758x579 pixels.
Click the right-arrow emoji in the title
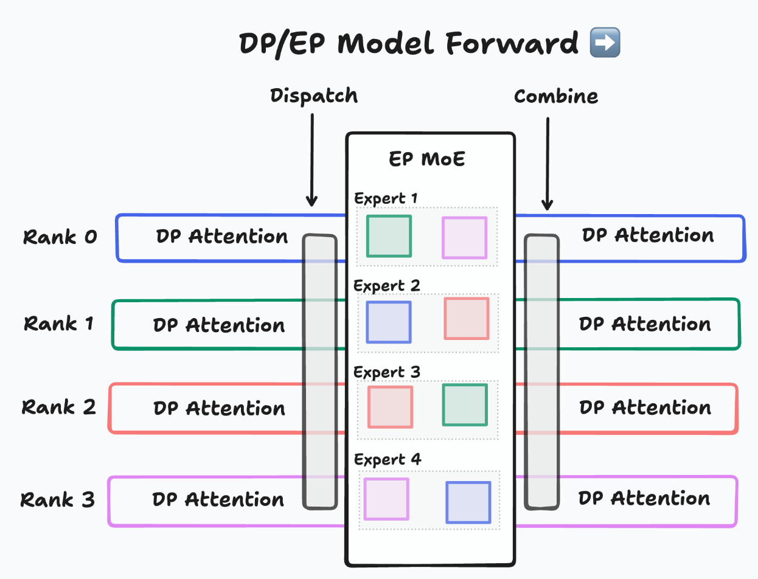click(605, 44)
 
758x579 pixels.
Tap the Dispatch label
click(314, 96)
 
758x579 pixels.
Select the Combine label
click(556, 96)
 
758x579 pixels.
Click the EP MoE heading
click(427, 159)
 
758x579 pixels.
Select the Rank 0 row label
click(60, 237)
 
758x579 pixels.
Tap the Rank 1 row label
click(59, 324)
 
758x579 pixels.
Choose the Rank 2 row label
click(59, 407)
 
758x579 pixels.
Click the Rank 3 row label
click(58, 500)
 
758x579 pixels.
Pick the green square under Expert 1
click(389, 236)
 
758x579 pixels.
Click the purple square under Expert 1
click(464, 238)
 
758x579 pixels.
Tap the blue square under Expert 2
click(388, 322)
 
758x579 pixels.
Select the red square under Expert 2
click(467, 318)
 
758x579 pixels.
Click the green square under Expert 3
click(465, 405)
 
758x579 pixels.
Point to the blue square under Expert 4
click(468, 502)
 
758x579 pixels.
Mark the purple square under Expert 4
click(386, 499)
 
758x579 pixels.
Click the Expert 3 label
click(387, 372)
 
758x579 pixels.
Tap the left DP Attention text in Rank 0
click(222, 237)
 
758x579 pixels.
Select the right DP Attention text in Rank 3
click(644, 499)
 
